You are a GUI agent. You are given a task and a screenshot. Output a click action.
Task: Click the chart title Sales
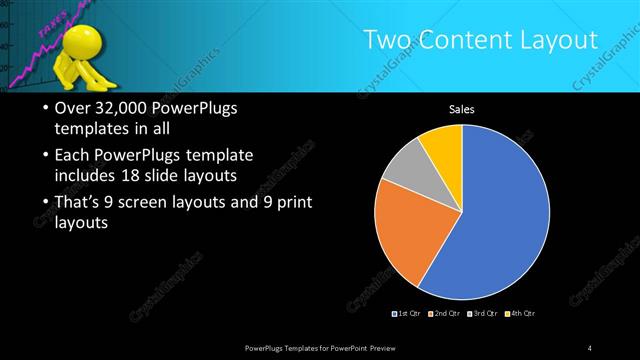pos(461,109)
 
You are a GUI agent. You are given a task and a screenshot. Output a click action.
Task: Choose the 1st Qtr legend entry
pos(406,314)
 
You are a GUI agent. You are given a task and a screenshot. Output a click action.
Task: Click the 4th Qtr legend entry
pos(521,314)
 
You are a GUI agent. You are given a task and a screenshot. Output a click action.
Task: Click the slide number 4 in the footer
pos(590,348)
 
